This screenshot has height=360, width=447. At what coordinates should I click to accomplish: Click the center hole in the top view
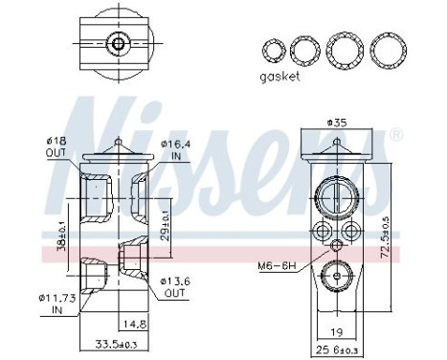point(118,43)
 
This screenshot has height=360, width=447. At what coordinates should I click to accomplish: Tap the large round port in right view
point(336,197)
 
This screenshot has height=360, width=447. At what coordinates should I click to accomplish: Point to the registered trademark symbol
point(392,136)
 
